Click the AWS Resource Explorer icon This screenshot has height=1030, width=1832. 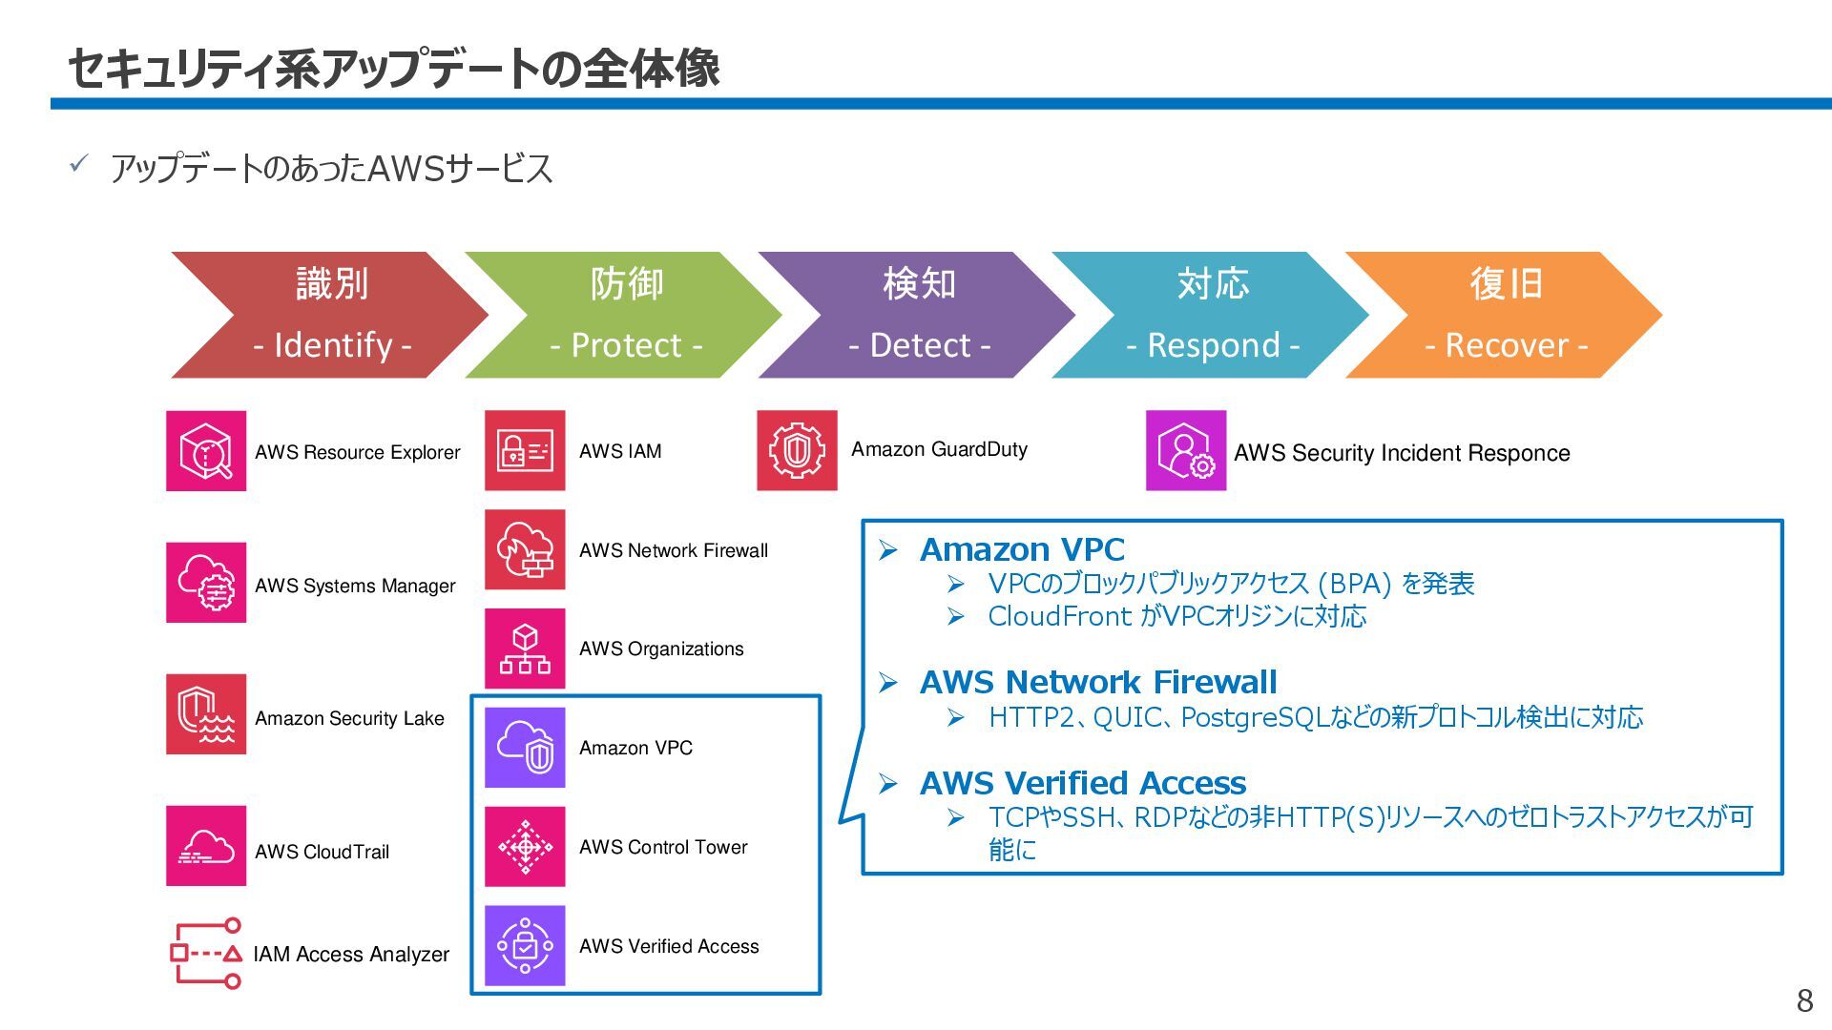pyautogui.click(x=206, y=451)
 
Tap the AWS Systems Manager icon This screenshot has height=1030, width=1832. pyautogui.click(x=206, y=583)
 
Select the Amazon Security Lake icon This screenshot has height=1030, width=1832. pyautogui.click(x=206, y=714)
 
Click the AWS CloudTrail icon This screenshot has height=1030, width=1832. pyautogui.click(x=206, y=846)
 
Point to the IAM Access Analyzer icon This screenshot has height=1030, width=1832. pyautogui.click(x=206, y=953)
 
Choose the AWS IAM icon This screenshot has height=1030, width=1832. pyautogui.click(x=525, y=450)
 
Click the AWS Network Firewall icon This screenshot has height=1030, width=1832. pyautogui.click(x=525, y=549)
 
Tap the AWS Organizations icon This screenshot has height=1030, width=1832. pyautogui.click(x=525, y=649)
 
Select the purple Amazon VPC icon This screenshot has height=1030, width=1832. pyautogui.click(x=525, y=748)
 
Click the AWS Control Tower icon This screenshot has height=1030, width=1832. pyautogui.click(x=525, y=847)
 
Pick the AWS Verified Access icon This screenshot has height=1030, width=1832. pyautogui.click(x=525, y=945)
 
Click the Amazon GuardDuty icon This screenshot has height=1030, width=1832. pyautogui.click(x=797, y=450)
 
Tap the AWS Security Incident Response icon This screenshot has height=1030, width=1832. pyautogui.click(x=1186, y=451)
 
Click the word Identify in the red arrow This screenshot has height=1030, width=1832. pyautogui.click(x=333, y=345)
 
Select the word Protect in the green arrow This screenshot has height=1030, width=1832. pyautogui.click(x=626, y=345)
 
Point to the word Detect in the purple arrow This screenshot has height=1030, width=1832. pyautogui.click(x=920, y=345)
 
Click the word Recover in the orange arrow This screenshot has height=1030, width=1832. pyautogui.click(x=1507, y=345)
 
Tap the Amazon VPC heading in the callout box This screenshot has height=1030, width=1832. pyautogui.click(x=1022, y=549)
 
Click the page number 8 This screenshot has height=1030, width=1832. pyautogui.click(x=1804, y=1000)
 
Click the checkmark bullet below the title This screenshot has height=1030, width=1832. pyautogui.click(x=78, y=164)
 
